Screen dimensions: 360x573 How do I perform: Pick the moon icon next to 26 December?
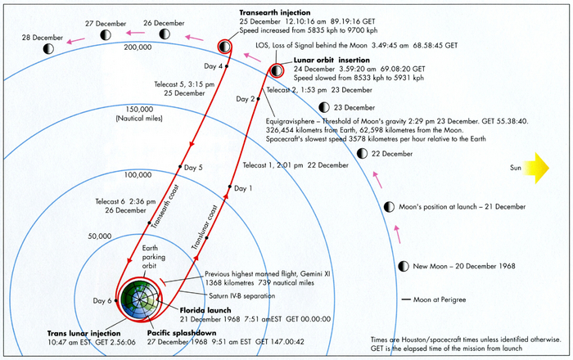coord(164,34)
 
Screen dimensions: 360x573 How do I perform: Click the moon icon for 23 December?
coord(323,107)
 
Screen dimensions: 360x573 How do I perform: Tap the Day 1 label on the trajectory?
coord(242,188)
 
